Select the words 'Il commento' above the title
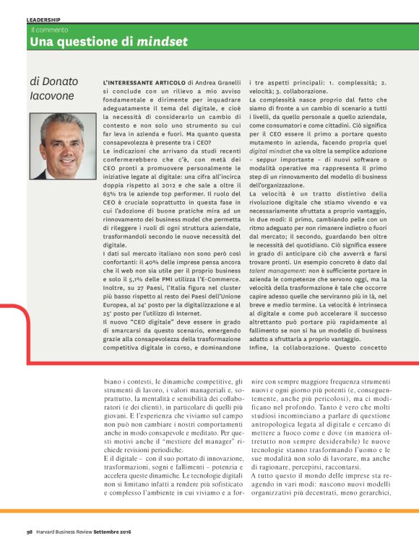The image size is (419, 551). (x=49, y=30)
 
